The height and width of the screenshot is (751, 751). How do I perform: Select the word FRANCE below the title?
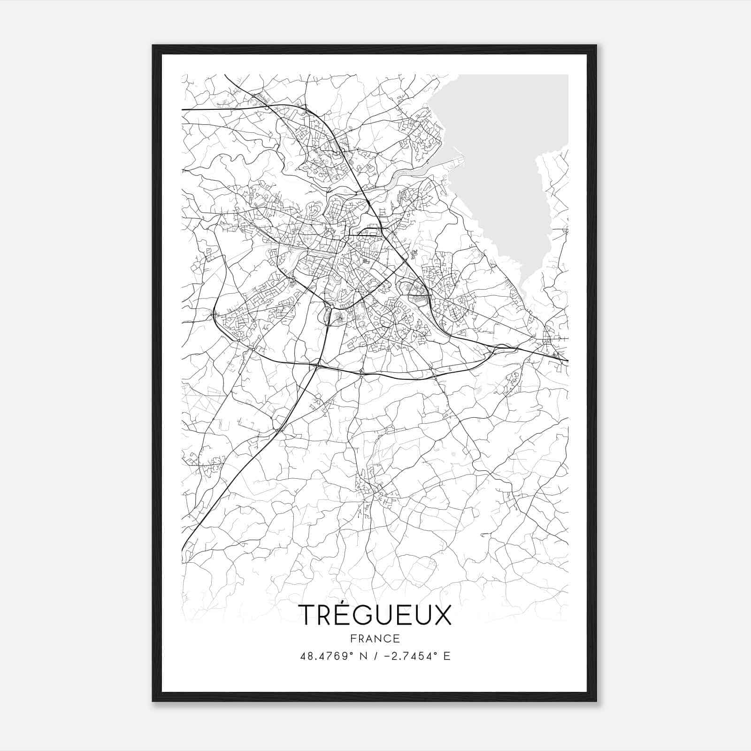point(375,638)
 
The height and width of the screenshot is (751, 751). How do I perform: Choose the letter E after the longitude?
point(446,656)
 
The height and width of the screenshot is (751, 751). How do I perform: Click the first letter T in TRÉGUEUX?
point(307,615)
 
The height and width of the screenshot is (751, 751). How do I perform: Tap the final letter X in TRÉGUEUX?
point(441,615)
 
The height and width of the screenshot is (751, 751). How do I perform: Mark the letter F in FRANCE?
point(353,638)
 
